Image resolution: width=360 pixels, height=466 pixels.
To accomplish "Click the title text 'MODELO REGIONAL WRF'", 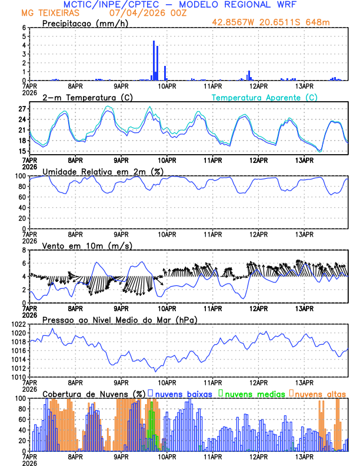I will (245, 5).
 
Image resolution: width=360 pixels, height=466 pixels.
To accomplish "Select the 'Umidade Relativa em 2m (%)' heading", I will (103, 171).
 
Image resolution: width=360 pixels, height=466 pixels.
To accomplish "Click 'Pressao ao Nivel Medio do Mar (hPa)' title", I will (119, 319).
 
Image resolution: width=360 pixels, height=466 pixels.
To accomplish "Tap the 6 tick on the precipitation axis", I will (24, 28).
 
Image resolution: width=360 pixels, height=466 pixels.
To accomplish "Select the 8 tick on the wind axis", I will (24, 250).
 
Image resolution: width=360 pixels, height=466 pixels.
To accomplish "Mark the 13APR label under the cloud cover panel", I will (304, 457).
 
